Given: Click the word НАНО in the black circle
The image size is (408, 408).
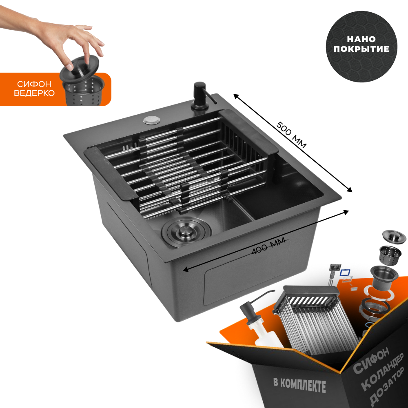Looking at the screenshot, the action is point(361,39).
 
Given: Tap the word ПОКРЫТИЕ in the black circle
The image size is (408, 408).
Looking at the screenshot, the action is point(361,49).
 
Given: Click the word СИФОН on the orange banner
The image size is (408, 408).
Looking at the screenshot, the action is point(34,84).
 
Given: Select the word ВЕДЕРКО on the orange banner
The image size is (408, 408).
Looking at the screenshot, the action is point(34,93).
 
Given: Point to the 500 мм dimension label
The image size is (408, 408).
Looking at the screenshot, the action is point(291,135).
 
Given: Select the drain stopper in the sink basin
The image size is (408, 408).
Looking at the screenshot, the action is point(186,231).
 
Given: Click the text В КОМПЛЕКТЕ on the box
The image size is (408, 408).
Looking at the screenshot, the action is point(299,385).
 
